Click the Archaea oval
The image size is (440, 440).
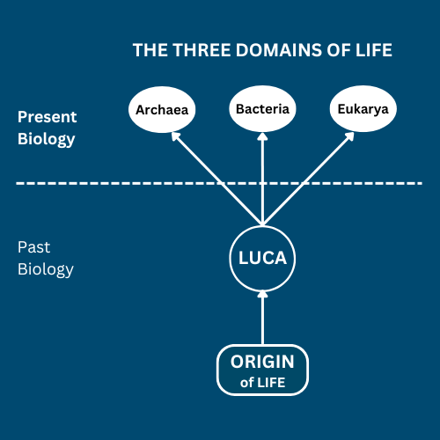(162, 110)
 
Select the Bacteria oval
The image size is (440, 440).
(262, 109)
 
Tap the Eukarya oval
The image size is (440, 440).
(363, 109)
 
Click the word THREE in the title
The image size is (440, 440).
(202, 50)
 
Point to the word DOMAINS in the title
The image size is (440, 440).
(279, 50)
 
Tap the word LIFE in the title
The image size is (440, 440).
(374, 50)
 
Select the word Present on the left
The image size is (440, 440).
(47, 117)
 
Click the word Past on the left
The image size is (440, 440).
(33, 247)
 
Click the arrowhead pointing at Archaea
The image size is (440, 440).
(175, 136)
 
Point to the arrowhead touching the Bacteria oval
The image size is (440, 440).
(262, 136)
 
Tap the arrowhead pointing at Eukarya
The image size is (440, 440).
(349, 136)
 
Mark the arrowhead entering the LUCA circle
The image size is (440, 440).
(262, 294)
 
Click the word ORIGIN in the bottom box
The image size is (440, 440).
(262, 362)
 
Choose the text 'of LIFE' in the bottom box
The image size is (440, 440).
(262, 383)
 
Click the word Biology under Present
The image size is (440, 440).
(46, 139)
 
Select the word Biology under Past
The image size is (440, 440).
(46, 269)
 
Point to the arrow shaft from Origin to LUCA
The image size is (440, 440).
(262, 320)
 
